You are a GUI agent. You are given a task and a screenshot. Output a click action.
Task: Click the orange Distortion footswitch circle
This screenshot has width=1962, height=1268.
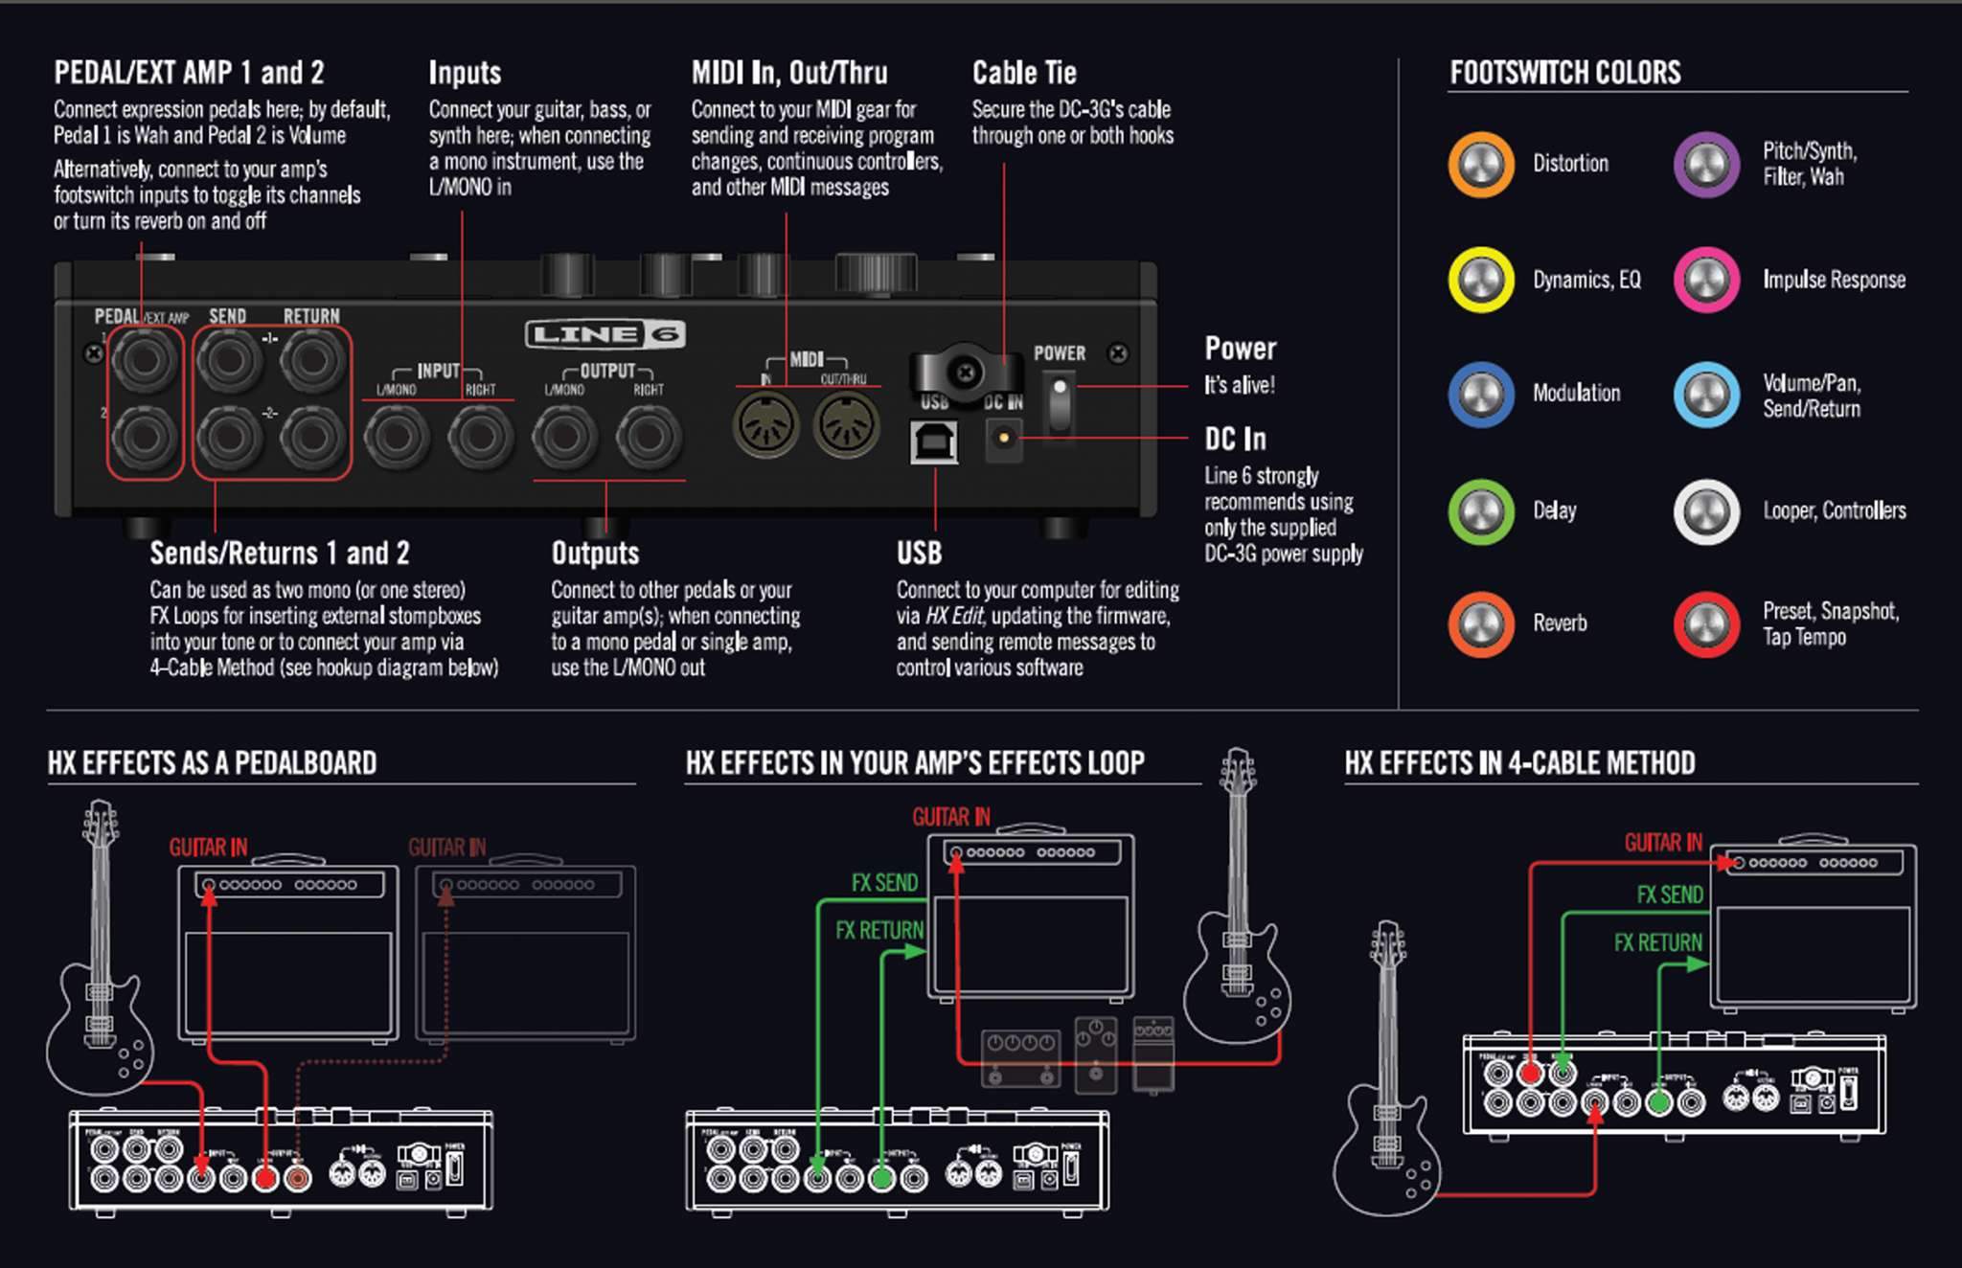(x=1480, y=164)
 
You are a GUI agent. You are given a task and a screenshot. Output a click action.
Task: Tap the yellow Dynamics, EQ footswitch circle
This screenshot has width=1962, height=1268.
(x=1480, y=280)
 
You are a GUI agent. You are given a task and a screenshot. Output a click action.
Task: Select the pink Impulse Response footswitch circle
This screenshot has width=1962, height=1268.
(x=1706, y=280)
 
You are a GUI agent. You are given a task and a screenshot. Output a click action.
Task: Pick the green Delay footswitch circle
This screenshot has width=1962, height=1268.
(x=1480, y=510)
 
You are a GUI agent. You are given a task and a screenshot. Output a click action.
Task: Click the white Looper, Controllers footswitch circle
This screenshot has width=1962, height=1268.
(x=1706, y=510)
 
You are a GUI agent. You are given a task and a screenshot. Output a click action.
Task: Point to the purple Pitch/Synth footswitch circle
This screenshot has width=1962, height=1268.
(x=1706, y=164)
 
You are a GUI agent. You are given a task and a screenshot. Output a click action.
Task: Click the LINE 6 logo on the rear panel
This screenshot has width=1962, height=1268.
(x=605, y=334)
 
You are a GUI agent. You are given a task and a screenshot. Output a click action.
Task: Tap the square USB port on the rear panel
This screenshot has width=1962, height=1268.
(x=934, y=441)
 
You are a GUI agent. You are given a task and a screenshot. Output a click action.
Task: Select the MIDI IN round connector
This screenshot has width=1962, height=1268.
(x=765, y=425)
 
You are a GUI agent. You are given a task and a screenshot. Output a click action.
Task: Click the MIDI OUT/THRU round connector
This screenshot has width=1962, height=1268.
(x=846, y=425)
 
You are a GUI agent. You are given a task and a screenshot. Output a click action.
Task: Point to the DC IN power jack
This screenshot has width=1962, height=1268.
(x=1003, y=439)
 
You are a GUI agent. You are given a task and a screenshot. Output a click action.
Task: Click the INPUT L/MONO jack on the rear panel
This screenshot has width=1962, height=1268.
(x=397, y=437)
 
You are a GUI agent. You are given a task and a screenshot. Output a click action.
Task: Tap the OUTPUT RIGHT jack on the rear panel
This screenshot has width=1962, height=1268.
(x=649, y=437)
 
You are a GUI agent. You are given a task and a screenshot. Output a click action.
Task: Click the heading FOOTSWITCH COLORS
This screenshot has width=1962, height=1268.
(x=1564, y=73)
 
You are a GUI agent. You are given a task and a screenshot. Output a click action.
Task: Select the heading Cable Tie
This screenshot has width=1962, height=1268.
(x=1024, y=73)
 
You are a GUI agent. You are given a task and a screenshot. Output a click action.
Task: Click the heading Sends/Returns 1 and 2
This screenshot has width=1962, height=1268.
(x=279, y=554)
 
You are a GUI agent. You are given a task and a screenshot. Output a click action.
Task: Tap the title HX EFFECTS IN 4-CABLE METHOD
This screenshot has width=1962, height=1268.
(x=1519, y=763)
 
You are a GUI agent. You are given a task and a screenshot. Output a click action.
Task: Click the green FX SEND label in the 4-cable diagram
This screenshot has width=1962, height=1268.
(x=1669, y=894)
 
